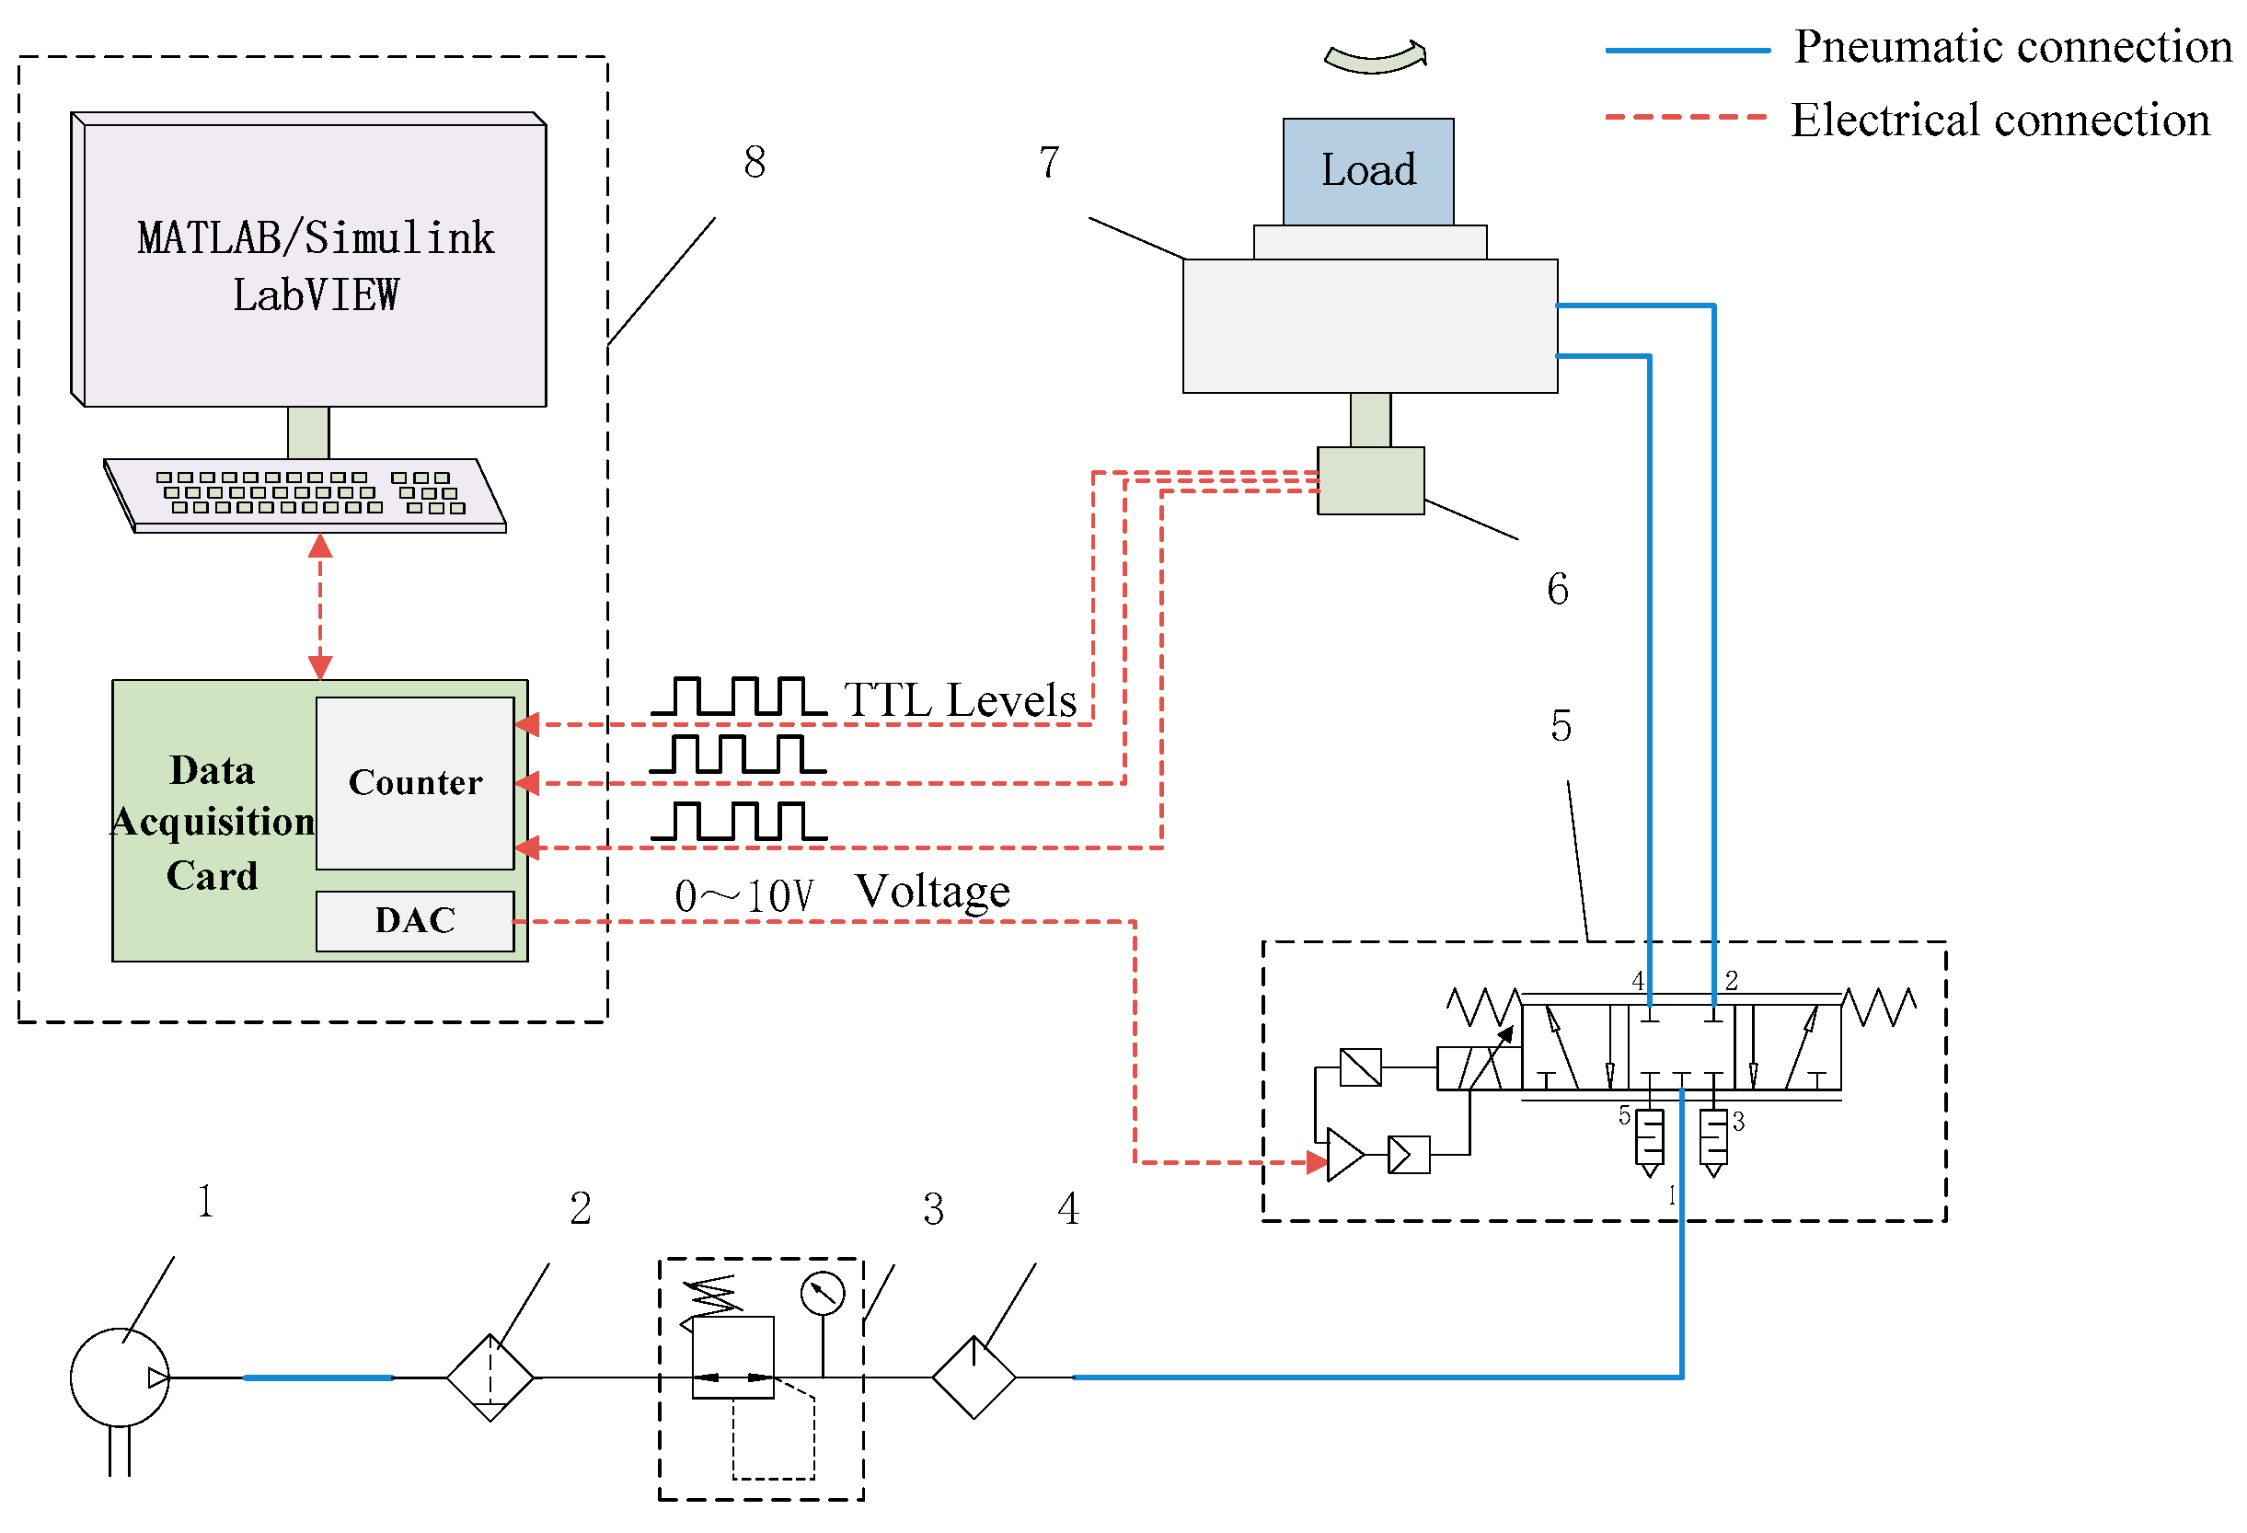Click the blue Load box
tap(1368, 171)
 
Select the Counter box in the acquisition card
tap(415, 782)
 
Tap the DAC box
tap(415, 921)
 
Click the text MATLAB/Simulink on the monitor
tap(317, 238)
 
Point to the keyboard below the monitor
tap(305, 495)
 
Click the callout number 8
tap(755, 162)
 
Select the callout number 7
tap(1049, 162)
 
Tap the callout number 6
tap(1558, 588)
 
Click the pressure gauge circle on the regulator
tap(823, 1293)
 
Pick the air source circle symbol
tap(120, 1377)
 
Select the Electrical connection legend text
tap(2000, 120)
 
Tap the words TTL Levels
tap(960, 699)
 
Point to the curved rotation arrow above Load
tap(1376, 58)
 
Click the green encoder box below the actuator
tap(1370, 480)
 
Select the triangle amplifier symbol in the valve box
tap(1345, 1155)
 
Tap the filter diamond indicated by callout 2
tap(490, 1377)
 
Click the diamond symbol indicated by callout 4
tap(974, 1377)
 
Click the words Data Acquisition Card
tap(213, 822)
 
